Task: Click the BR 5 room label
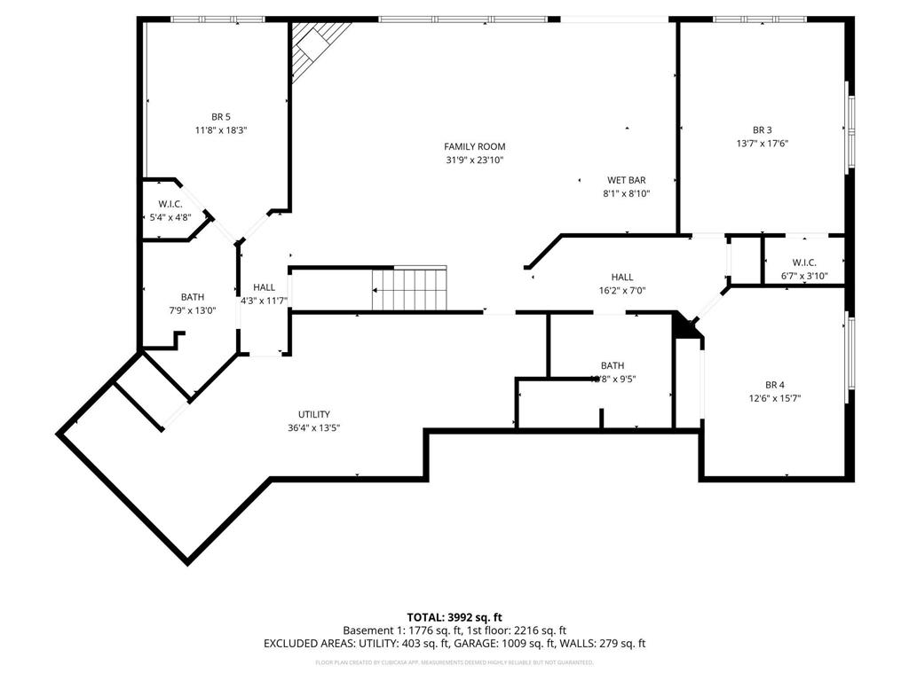(x=221, y=116)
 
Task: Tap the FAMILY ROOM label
(x=475, y=146)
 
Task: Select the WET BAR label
(x=626, y=180)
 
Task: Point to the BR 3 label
(x=763, y=129)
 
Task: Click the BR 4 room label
(x=774, y=385)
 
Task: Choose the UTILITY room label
(x=314, y=414)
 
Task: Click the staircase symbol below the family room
(x=409, y=289)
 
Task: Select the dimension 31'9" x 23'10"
(x=475, y=160)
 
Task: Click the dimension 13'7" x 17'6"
(x=763, y=144)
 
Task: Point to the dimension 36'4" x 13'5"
(x=314, y=427)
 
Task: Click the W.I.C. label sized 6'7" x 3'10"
(x=803, y=262)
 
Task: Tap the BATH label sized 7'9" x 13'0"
(x=193, y=297)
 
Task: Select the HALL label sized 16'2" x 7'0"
(x=622, y=277)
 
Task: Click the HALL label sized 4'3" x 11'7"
(x=264, y=287)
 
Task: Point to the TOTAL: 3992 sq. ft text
(x=454, y=617)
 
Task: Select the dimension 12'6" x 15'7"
(x=774, y=398)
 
